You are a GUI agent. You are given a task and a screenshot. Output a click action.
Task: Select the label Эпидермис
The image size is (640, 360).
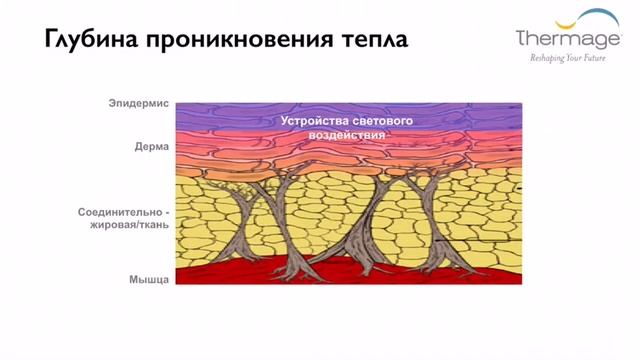pyautogui.click(x=140, y=104)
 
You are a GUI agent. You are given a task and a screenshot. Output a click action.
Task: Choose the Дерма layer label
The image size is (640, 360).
pyautogui.click(x=152, y=145)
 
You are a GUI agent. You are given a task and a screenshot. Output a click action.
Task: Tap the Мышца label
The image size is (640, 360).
pyautogui.click(x=150, y=278)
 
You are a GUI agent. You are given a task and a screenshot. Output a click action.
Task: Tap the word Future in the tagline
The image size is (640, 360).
pyautogui.click(x=590, y=59)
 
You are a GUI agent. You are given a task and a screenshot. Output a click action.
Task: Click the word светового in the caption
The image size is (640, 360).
pyautogui.click(x=385, y=120)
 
